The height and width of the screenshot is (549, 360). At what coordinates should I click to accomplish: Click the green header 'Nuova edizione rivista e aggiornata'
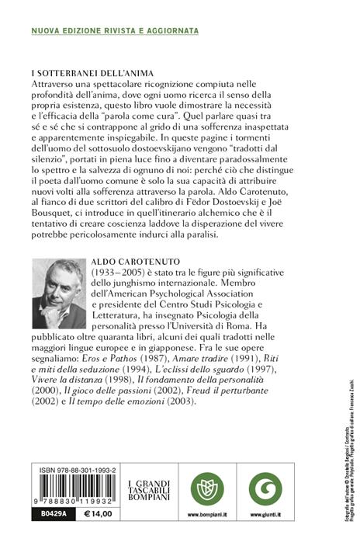[x=114, y=30]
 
